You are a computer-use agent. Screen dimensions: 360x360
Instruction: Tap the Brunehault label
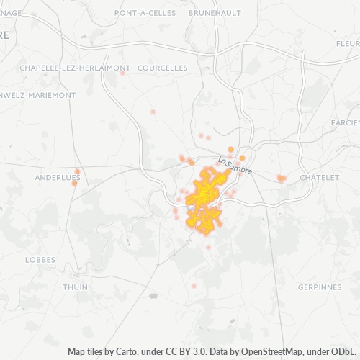point(215,13)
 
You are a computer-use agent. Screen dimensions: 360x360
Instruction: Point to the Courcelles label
point(162,68)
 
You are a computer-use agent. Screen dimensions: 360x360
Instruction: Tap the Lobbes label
point(40,259)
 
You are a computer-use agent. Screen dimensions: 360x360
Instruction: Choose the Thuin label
point(76,287)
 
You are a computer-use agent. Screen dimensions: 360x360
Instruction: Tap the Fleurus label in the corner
point(347,43)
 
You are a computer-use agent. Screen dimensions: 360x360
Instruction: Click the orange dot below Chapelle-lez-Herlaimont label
point(122,73)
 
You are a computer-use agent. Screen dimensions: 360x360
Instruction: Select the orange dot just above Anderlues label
point(77,171)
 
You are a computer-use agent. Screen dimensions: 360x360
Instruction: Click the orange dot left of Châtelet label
point(280,177)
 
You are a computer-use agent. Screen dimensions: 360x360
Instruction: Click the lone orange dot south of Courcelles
point(153,112)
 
